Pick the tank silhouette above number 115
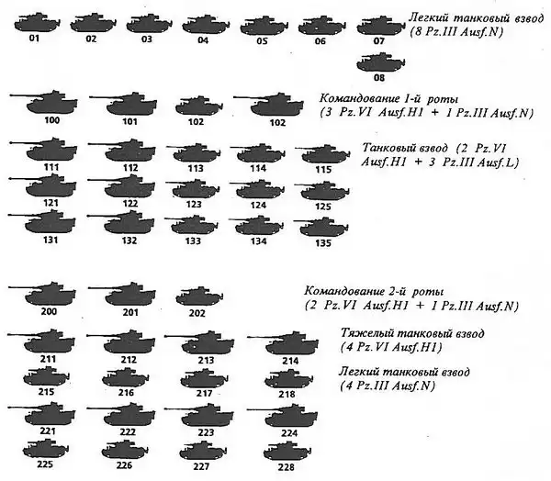coord(322,153)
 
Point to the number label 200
coord(49,313)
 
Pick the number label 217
coord(203,393)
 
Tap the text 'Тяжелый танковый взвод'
coord(410,331)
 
